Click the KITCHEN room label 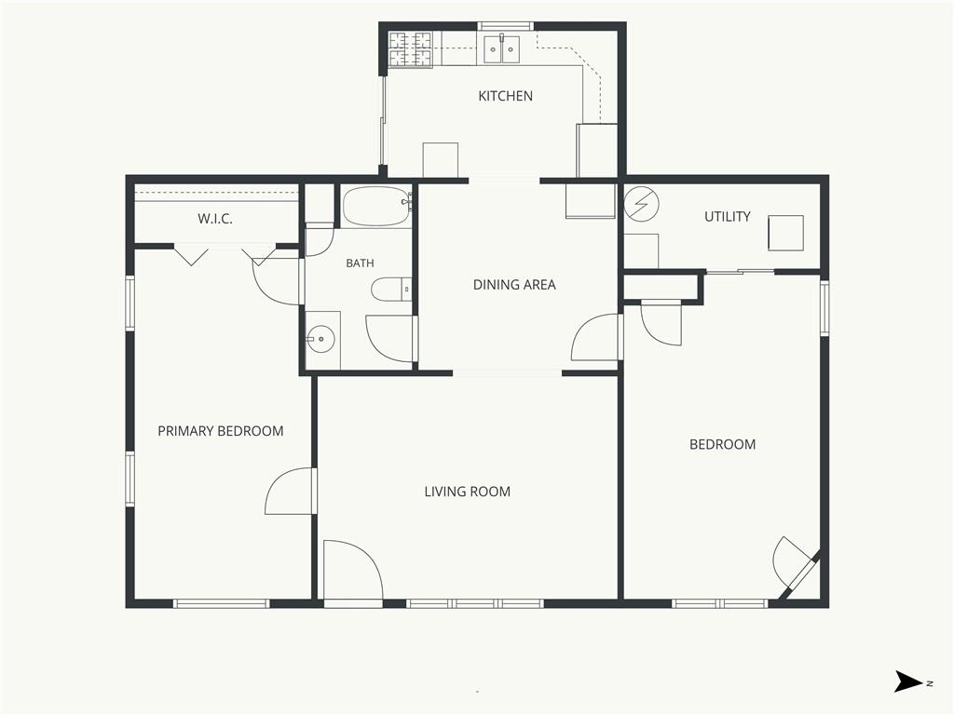click(505, 96)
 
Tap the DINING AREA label click(514, 285)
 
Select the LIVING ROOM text click(468, 492)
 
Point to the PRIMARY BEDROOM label click(220, 431)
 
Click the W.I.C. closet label click(215, 219)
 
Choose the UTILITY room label click(727, 216)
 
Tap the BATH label click(360, 263)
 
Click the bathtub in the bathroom click(377, 206)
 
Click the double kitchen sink click(502, 49)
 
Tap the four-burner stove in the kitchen click(410, 49)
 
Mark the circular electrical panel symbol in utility click(641, 204)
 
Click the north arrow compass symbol click(909, 681)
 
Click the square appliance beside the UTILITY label click(785, 233)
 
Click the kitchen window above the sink click(505, 26)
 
